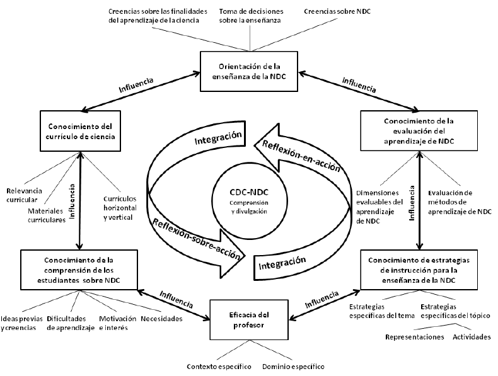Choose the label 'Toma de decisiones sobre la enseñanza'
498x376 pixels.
[x=251, y=16]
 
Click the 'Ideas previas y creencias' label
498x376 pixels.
[x=21, y=323]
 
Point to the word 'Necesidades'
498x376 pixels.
[x=161, y=319]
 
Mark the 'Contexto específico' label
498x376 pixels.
[x=219, y=366]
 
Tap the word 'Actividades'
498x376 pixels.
[x=471, y=337]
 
